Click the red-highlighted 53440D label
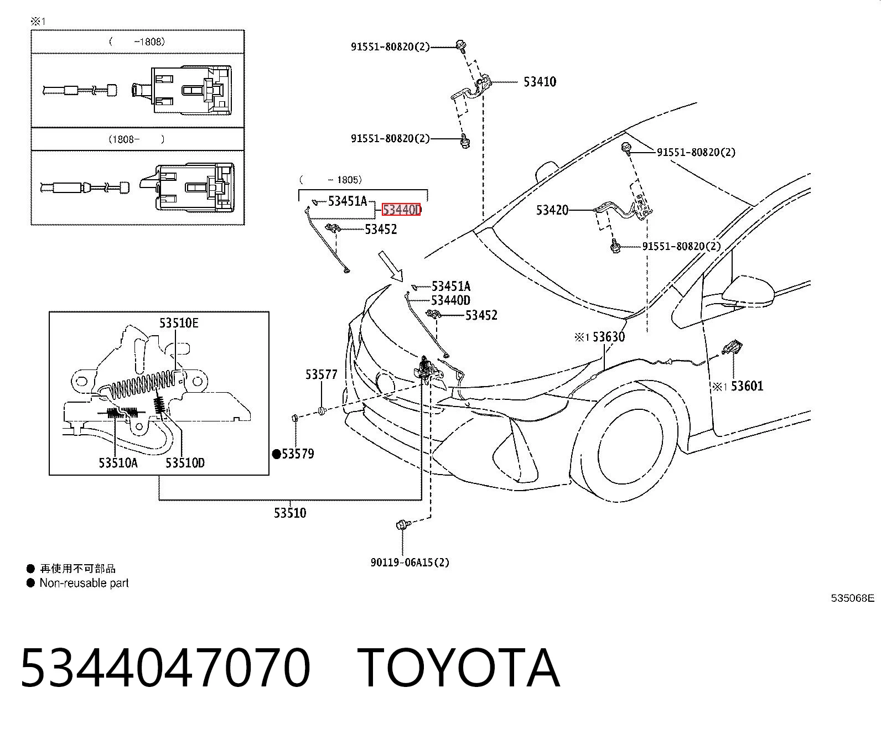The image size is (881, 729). click(x=401, y=210)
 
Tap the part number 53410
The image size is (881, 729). click(x=540, y=82)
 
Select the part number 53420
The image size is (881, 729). click(x=552, y=210)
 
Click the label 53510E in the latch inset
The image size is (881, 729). click(x=179, y=323)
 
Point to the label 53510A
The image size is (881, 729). click(x=118, y=463)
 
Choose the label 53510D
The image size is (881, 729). click(x=185, y=463)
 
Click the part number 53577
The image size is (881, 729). click(x=321, y=374)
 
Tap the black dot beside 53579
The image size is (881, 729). click(x=276, y=454)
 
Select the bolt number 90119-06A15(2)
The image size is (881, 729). click(x=410, y=563)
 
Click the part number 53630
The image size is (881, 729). click(x=608, y=337)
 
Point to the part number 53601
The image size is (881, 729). click(x=747, y=386)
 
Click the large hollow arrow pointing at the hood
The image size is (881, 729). click(x=391, y=267)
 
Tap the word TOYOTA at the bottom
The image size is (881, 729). click(x=458, y=668)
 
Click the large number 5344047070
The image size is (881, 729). click(x=165, y=668)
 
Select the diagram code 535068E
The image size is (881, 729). click(x=852, y=598)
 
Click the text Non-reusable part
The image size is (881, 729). click(x=84, y=583)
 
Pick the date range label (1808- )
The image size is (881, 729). click(x=136, y=139)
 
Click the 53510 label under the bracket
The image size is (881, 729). click(x=290, y=513)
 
